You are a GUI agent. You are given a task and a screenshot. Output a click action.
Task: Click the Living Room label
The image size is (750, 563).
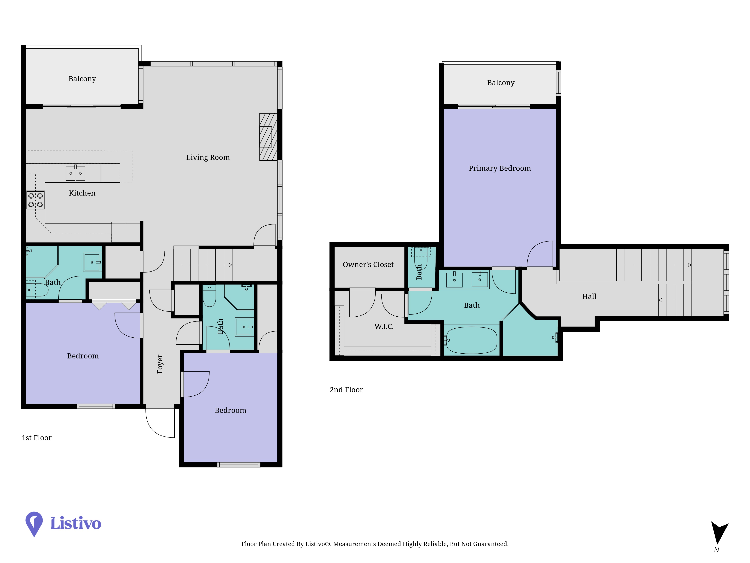pos(208,157)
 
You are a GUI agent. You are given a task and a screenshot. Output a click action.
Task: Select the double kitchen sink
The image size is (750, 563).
pos(75,173)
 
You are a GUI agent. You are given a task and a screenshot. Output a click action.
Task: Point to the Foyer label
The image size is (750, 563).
pos(160,364)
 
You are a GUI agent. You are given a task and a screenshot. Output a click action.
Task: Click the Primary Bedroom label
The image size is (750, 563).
pos(500,168)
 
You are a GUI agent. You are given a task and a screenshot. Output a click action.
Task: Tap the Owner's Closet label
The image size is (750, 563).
pos(368,265)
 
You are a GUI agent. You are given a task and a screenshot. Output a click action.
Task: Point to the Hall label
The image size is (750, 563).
pos(589,297)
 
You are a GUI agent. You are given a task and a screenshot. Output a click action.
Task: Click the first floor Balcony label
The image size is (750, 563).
pos(82,79)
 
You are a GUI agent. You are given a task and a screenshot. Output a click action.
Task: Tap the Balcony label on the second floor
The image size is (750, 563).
pos(501,83)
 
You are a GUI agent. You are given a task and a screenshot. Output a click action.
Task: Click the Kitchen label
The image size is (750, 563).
pos(82,193)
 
